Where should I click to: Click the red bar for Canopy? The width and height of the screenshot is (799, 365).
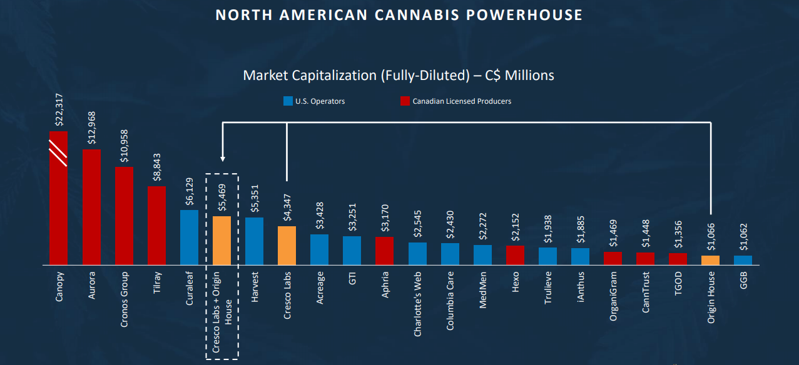point(58,206)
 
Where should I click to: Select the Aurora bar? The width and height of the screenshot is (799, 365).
point(91,207)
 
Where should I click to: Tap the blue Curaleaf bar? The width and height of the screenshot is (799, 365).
point(189,237)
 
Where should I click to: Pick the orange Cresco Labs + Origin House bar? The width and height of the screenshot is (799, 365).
point(221,240)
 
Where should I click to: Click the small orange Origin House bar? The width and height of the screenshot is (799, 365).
point(710,260)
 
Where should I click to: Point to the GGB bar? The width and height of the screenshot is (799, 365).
point(743,260)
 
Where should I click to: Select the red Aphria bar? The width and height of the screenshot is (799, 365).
point(384,251)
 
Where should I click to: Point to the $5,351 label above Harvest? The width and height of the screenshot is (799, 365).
point(254,197)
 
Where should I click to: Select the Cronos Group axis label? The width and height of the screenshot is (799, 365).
point(124,299)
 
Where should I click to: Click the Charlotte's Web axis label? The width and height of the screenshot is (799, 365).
point(417,303)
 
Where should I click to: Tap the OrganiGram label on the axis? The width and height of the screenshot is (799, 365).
point(613,296)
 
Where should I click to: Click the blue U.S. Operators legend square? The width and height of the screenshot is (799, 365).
point(288,101)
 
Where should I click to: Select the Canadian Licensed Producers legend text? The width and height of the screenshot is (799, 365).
point(461,101)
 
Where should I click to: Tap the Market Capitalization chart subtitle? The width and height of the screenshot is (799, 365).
point(399,75)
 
